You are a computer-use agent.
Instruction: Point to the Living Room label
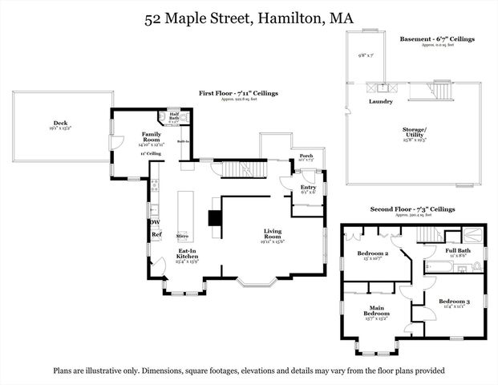273,233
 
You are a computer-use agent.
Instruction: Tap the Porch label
306,156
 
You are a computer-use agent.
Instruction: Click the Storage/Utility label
437,132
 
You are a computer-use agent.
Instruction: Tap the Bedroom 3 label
454,302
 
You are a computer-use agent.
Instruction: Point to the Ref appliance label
156,235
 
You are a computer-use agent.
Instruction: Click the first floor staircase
241,170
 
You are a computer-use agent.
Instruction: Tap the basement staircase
441,89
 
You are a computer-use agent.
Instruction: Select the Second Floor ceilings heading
412,209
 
